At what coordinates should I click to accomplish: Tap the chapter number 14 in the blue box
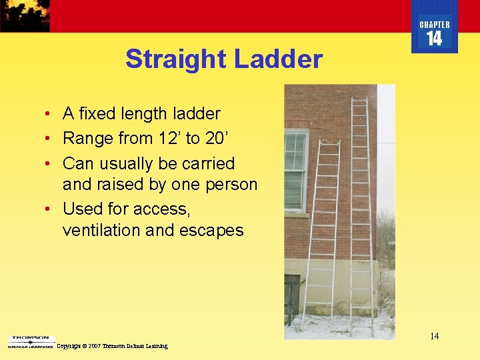pos(434,39)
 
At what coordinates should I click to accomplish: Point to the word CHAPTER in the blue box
pos(434,25)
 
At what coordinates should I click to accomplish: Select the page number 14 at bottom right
pos(434,336)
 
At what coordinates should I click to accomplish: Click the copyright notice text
pos(112,346)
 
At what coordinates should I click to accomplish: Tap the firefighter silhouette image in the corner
pos(25,15)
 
